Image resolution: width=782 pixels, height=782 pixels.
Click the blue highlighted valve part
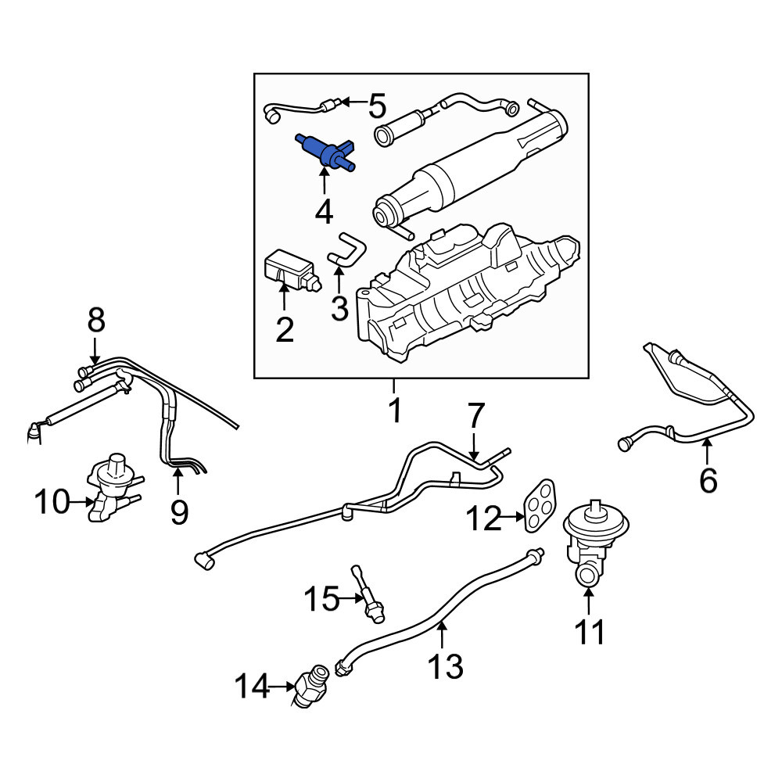pos(325,151)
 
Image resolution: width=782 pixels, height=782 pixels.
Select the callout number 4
pos(325,211)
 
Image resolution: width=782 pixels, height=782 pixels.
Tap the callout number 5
pos(377,106)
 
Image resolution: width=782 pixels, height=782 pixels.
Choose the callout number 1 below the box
pos(395,410)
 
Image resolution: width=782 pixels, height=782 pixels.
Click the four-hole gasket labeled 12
pos(540,505)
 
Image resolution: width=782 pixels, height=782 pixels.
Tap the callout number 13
pos(446,667)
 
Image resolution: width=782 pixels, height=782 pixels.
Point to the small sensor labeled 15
pos(368,594)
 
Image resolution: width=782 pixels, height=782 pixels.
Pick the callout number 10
pos(52,502)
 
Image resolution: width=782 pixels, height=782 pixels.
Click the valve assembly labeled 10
pos(113,488)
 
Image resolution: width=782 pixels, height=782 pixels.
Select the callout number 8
pos(96,320)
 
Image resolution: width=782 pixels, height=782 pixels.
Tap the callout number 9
pos(179,513)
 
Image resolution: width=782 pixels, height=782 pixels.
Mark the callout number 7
pos(475,417)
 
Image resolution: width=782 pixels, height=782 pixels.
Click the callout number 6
pos(708,481)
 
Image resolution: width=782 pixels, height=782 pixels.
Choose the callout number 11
pos(589,633)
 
